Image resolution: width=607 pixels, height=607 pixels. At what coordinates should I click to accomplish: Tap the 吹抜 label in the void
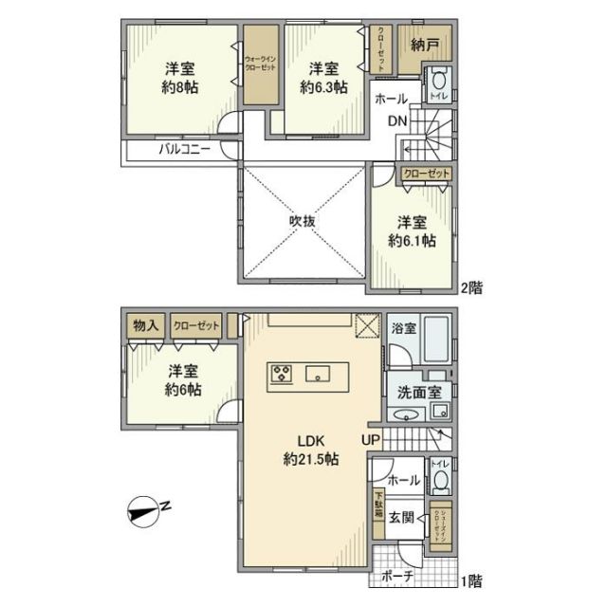[x=303, y=220]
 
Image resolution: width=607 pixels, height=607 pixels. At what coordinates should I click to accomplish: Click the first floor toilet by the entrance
[x=440, y=479]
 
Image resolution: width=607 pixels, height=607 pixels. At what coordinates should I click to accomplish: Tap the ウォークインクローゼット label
[x=260, y=65]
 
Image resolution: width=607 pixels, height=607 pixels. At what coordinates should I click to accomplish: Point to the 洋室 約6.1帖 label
[x=414, y=231]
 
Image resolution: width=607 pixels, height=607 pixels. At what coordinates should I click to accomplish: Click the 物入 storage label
[x=145, y=324]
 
